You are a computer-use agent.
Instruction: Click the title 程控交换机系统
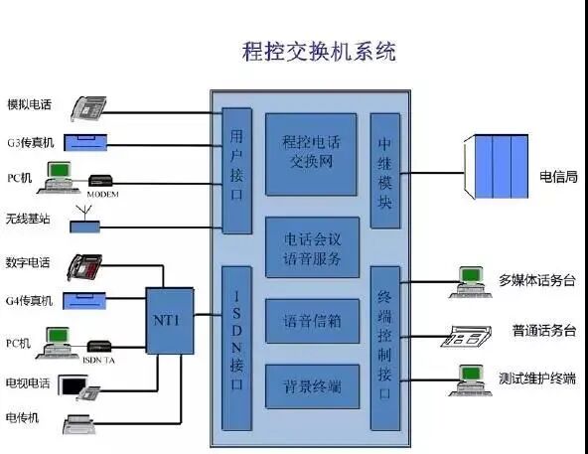[319, 52]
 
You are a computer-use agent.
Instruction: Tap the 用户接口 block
[235, 170]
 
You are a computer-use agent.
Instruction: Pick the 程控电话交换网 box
[311, 154]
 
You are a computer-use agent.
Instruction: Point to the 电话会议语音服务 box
[311, 248]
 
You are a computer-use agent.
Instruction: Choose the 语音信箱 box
[311, 321]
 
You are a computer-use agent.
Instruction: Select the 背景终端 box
[311, 385]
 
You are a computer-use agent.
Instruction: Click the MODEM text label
[103, 195]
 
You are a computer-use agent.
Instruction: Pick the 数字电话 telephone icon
[86, 266]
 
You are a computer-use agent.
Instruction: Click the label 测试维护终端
[537, 378]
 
